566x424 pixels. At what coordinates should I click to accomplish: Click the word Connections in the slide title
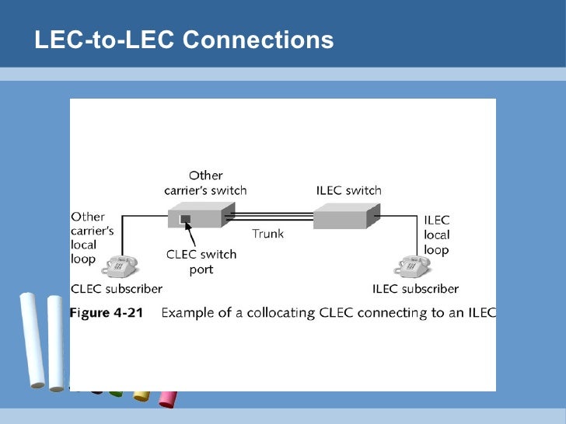click(x=258, y=40)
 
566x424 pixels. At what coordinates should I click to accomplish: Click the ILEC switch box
click(x=347, y=216)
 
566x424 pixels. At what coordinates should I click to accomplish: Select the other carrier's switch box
click(x=201, y=215)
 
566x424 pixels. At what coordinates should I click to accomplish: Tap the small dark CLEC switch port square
click(x=185, y=219)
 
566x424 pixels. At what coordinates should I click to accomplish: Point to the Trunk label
click(x=267, y=234)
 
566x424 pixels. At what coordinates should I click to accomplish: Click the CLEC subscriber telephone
click(x=120, y=266)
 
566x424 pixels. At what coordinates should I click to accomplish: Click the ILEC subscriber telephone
click(x=412, y=266)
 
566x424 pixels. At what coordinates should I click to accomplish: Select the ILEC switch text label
click(x=348, y=190)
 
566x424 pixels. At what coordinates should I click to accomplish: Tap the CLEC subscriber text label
click(x=117, y=289)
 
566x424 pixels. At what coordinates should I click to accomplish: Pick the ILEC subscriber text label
click(x=415, y=289)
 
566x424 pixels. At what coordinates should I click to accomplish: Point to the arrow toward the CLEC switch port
click(x=190, y=235)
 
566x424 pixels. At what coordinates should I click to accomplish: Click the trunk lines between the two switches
click(x=270, y=217)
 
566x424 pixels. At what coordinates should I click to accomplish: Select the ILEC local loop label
click(x=437, y=235)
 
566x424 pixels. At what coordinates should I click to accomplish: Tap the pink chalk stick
click(x=168, y=399)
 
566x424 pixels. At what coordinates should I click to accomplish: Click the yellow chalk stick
click(x=141, y=396)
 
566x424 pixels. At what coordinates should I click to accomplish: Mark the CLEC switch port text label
click(x=201, y=262)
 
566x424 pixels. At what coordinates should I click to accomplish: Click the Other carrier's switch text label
click(x=205, y=182)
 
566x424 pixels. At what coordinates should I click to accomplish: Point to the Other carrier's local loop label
click(x=93, y=238)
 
